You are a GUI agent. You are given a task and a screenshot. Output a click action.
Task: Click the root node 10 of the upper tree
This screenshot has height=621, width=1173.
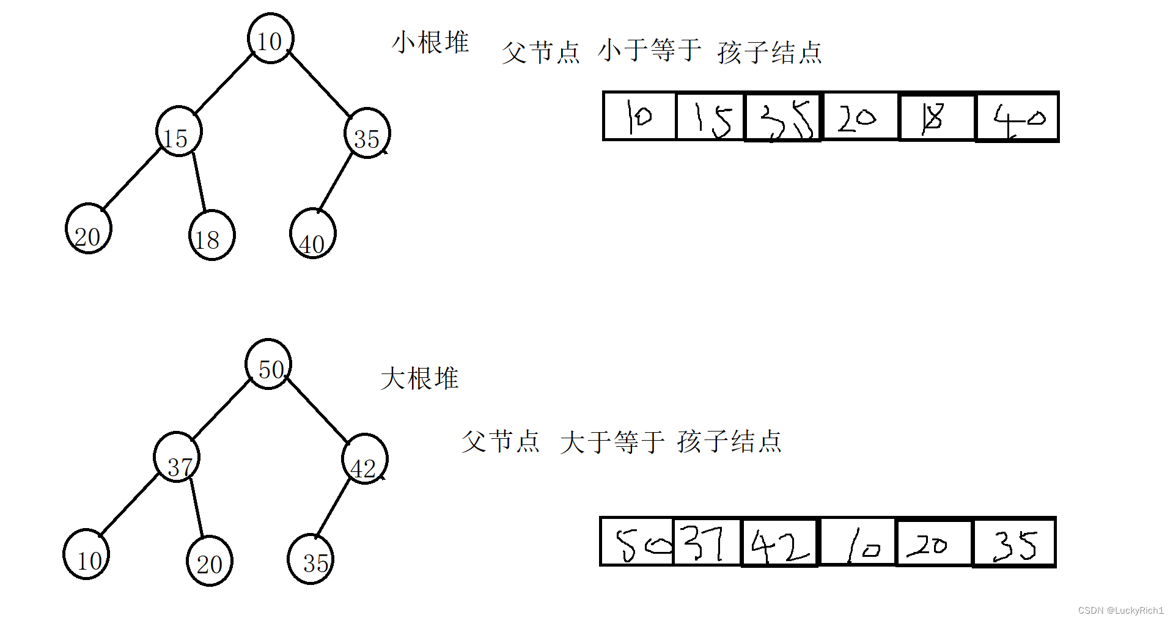pyautogui.click(x=271, y=39)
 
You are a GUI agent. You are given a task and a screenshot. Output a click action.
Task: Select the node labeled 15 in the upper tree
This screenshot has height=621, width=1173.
pyautogui.click(x=178, y=132)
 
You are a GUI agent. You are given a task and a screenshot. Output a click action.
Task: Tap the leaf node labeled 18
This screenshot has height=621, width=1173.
pyautogui.click(x=211, y=235)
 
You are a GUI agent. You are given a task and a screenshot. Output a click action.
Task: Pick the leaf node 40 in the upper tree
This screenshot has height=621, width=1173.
pyautogui.click(x=312, y=233)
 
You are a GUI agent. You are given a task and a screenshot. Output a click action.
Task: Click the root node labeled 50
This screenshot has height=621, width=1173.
pyautogui.click(x=268, y=364)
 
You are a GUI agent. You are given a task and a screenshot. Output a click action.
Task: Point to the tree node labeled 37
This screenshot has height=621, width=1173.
pyautogui.click(x=177, y=457)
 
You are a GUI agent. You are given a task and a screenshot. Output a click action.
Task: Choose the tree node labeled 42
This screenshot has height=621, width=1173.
pyautogui.click(x=365, y=459)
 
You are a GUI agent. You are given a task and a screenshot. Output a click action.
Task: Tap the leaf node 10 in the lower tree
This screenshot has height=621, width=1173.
pyautogui.click(x=86, y=554)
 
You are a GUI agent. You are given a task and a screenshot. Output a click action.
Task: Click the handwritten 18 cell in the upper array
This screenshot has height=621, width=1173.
pyautogui.click(x=936, y=117)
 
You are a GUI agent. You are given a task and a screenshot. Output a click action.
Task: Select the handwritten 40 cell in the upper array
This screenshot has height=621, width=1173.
pyautogui.click(x=1017, y=117)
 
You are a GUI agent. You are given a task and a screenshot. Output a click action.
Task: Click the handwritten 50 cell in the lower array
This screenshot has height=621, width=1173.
pyautogui.click(x=637, y=542)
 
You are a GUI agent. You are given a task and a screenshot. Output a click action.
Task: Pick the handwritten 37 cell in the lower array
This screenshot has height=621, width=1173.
pyautogui.click(x=707, y=542)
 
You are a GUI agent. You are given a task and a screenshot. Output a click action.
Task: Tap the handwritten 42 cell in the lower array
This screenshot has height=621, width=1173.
pyautogui.click(x=779, y=543)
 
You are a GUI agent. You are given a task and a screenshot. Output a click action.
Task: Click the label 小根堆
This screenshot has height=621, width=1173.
pyautogui.click(x=430, y=42)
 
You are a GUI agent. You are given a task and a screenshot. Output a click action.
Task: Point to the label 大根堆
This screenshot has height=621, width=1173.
pyautogui.click(x=419, y=379)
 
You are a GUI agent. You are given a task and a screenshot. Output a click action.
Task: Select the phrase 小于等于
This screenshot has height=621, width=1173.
pyautogui.click(x=649, y=50)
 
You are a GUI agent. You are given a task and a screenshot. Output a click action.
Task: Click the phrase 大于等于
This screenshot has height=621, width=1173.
pyautogui.click(x=612, y=442)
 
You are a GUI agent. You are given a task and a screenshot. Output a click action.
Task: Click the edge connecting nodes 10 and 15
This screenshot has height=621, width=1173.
pyautogui.click(x=224, y=84)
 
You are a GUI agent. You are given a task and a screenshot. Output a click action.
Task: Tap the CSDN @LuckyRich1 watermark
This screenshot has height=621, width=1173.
pyautogui.click(x=1120, y=611)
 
